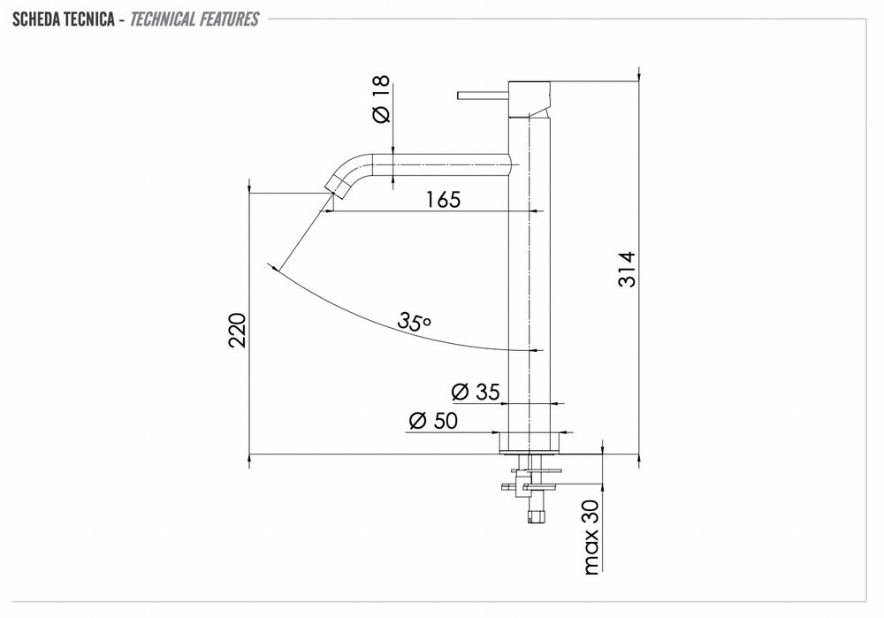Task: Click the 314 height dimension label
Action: (627, 270)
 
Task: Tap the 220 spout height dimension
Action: (237, 331)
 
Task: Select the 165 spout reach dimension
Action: (443, 199)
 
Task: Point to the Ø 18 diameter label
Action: (381, 99)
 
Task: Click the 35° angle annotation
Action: (415, 321)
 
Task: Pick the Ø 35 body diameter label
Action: (476, 392)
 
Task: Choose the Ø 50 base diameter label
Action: (433, 421)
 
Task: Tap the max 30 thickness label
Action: (591, 537)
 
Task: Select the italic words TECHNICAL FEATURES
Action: (194, 19)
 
